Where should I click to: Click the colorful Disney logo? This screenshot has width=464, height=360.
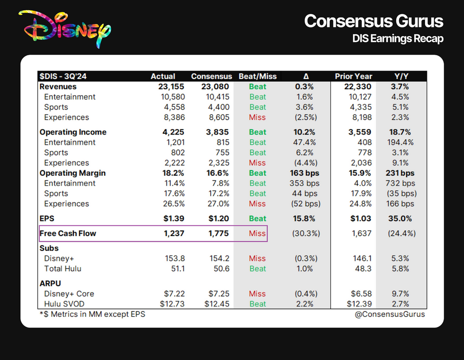(x=64, y=28)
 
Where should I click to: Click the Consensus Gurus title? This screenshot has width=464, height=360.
(x=374, y=21)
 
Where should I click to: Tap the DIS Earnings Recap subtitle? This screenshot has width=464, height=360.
(x=398, y=39)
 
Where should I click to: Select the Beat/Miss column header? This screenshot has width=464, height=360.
(x=257, y=76)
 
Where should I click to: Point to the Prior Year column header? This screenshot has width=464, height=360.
(x=353, y=76)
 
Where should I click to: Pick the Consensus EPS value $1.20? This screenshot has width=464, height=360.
(x=217, y=219)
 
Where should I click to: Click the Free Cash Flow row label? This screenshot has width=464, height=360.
(x=68, y=233)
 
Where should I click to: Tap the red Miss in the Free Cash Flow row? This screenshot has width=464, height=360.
(x=257, y=233)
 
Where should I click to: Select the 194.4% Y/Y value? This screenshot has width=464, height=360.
(x=400, y=142)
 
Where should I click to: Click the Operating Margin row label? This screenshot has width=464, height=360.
(x=72, y=173)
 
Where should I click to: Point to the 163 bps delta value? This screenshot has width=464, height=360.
(x=304, y=173)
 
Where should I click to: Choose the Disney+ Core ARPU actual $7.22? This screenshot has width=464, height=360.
(x=174, y=294)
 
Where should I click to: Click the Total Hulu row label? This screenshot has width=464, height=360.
(x=65, y=269)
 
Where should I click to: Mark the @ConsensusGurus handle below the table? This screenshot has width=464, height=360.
(x=396, y=314)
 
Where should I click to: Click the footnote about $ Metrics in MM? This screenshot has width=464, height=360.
(x=92, y=314)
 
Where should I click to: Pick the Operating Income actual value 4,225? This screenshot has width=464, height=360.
(x=174, y=132)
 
